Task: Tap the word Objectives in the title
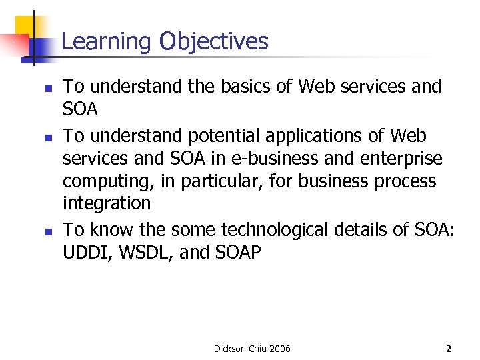coord(213,42)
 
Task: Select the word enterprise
coord(405,159)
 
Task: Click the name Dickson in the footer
coord(231,349)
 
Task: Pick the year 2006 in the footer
coord(279,349)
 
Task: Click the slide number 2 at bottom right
coord(449,349)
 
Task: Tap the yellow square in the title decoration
coord(24,25)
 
